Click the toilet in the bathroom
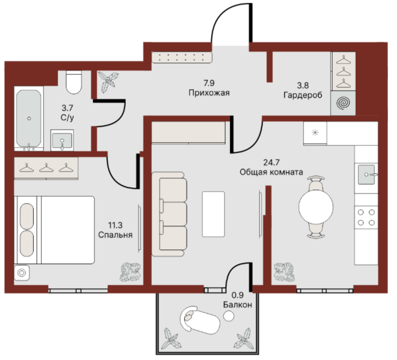[x=74, y=82]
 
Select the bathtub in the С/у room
[x=29, y=118]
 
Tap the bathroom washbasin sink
[x=62, y=141]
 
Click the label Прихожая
[x=209, y=93]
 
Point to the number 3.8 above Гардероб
[x=303, y=85]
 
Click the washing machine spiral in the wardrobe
[x=343, y=103]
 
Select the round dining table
[x=316, y=207]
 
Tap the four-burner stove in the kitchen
[x=366, y=217]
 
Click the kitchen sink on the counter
[x=367, y=174]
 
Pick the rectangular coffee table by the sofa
[x=213, y=214]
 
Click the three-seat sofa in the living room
[x=169, y=214]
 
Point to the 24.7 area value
[x=271, y=162]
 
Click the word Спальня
[x=116, y=235]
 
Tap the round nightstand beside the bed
[x=22, y=273]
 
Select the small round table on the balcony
[x=228, y=316]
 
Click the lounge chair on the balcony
[x=200, y=319]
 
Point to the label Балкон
[x=237, y=305]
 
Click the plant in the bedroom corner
[x=130, y=272]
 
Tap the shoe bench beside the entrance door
[x=182, y=58]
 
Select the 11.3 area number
[x=116, y=225]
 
